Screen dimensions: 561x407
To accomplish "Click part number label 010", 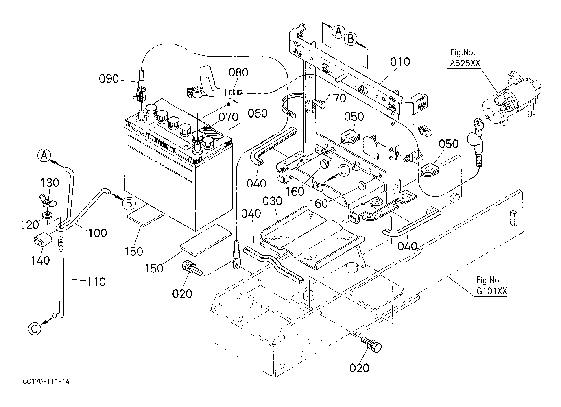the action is pyautogui.click(x=400, y=62).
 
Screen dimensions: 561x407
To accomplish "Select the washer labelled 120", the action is pyautogui.click(x=48, y=215).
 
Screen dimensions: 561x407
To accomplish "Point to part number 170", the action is pyautogui.click(x=337, y=98).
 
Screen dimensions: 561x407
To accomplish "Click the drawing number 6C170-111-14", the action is pyautogui.click(x=46, y=381).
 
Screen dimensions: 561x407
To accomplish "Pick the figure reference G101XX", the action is pyautogui.click(x=491, y=291).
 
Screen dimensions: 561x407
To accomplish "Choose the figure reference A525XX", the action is pyautogui.click(x=465, y=63).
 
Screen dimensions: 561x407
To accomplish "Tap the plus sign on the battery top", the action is pyautogui.click(x=186, y=146).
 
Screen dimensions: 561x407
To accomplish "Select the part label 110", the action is pyautogui.click(x=96, y=282).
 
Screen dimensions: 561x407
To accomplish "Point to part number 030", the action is pyautogui.click(x=273, y=201).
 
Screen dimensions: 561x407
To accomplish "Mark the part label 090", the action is pyautogui.click(x=109, y=78).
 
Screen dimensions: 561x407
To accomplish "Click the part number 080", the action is pyautogui.click(x=238, y=72).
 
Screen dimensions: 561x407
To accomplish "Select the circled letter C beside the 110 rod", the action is pyautogui.click(x=35, y=329).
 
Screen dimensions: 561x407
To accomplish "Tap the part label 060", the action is pyautogui.click(x=258, y=113).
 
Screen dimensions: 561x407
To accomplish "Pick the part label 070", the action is pyautogui.click(x=228, y=117).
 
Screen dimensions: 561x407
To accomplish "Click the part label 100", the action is pyautogui.click(x=98, y=233).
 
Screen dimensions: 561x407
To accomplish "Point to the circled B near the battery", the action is pyautogui.click(x=129, y=203).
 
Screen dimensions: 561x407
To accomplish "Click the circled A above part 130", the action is pyautogui.click(x=44, y=156).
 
